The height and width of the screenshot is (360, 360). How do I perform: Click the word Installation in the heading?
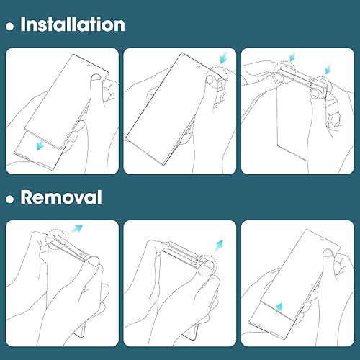click(x=72, y=24)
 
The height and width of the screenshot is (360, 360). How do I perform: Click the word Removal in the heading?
click(x=61, y=197)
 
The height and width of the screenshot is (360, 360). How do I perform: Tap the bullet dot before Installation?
click(x=9, y=26)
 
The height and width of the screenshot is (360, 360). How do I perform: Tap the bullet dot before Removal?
click(x=9, y=198)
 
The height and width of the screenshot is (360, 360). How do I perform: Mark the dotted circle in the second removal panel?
click(x=207, y=262)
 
